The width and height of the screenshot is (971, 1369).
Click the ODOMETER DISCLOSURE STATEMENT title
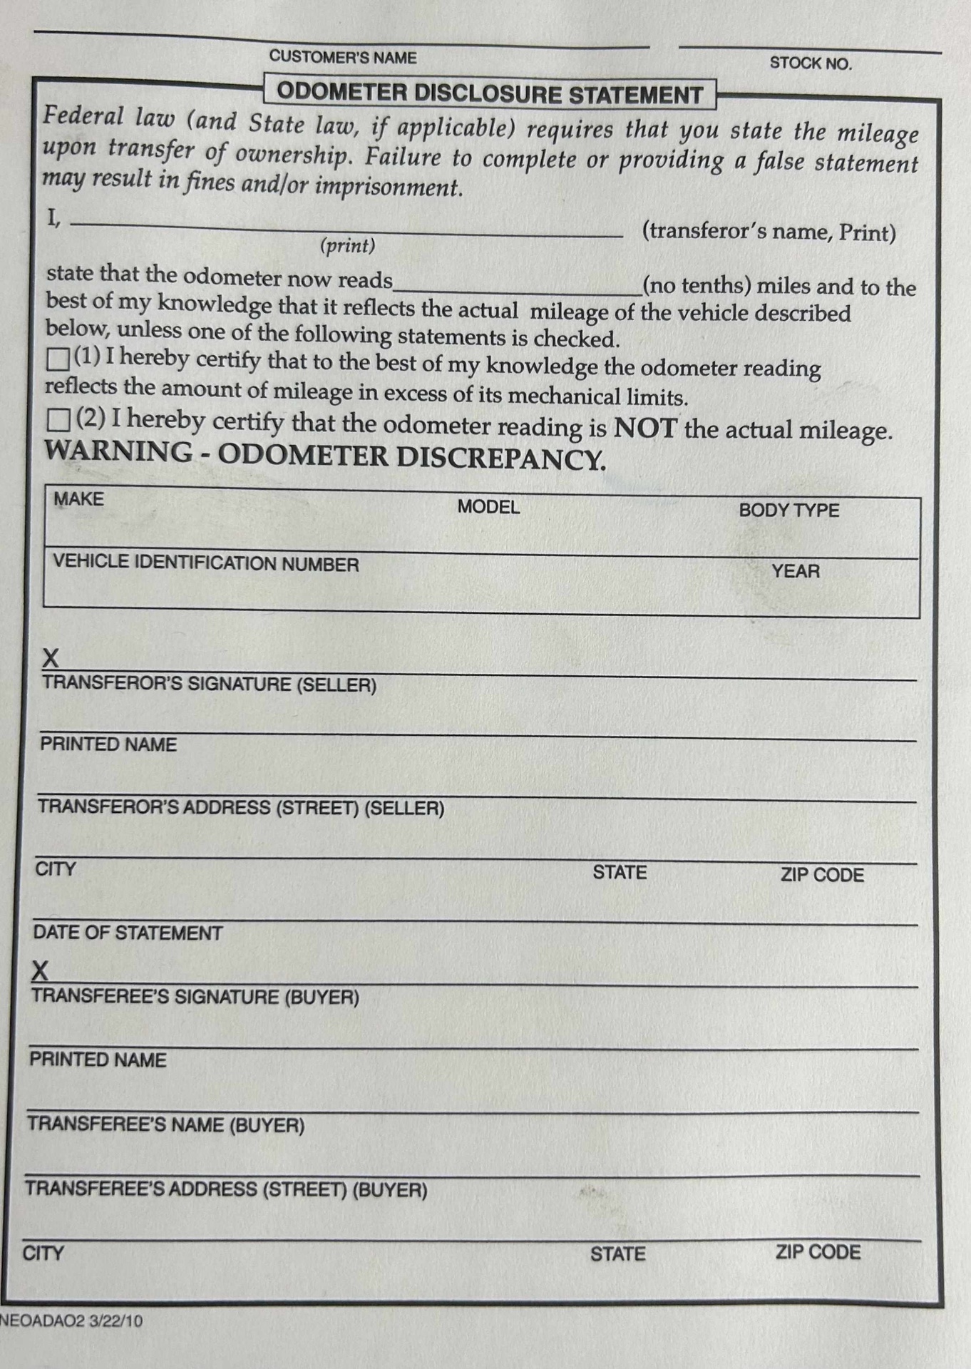490,94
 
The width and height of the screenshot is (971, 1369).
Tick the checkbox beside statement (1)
58,359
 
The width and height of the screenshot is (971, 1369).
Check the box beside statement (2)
58,420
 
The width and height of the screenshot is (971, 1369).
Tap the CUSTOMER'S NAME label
343,58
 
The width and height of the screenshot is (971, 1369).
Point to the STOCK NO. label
811,63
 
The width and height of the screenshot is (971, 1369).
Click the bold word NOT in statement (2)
645,428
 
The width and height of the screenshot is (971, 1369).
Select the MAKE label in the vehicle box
78,499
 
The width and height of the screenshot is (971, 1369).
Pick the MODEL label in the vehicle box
488,507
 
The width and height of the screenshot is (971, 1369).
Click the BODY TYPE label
788,511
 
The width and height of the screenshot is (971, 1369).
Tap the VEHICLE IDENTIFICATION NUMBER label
206,563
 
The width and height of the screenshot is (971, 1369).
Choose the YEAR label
796,571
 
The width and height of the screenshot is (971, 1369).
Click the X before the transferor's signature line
51,657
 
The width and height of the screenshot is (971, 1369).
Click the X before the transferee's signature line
41,971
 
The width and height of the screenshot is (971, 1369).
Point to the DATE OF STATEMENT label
128,933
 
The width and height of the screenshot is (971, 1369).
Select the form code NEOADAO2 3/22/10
71,1321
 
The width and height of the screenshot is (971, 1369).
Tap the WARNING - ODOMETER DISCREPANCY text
325,456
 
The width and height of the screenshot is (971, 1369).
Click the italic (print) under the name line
348,246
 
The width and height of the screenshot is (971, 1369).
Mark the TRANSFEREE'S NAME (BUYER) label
166,1125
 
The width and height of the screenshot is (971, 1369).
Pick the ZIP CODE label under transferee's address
818,1252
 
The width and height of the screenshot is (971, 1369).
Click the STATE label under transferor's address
620,873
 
